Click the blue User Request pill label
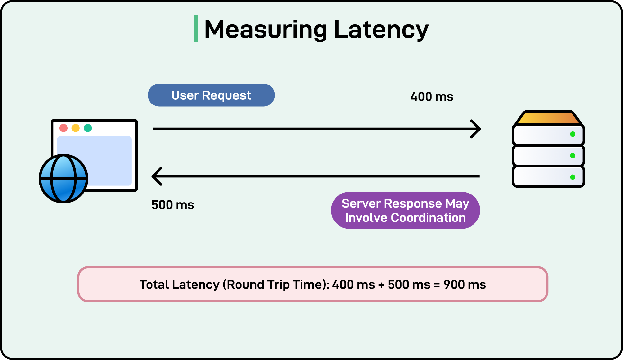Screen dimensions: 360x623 [211, 95]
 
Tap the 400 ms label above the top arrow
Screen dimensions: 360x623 [431, 97]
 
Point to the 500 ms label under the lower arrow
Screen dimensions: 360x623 [173, 205]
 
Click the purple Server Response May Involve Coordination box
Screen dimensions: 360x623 [405, 211]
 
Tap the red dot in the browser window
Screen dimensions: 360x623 [64, 128]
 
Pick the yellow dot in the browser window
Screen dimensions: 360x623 [76, 128]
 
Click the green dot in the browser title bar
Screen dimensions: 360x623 [88, 128]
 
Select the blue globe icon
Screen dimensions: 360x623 [63, 179]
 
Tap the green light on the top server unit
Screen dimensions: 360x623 [573, 134]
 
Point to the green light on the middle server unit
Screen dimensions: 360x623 [573, 156]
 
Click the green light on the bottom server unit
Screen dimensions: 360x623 [573, 177]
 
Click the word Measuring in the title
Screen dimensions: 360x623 [266, 30]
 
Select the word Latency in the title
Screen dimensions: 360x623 [381, 30]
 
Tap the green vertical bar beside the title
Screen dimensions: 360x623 [195, 29]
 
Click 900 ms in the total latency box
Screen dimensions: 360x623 [465, 284]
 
